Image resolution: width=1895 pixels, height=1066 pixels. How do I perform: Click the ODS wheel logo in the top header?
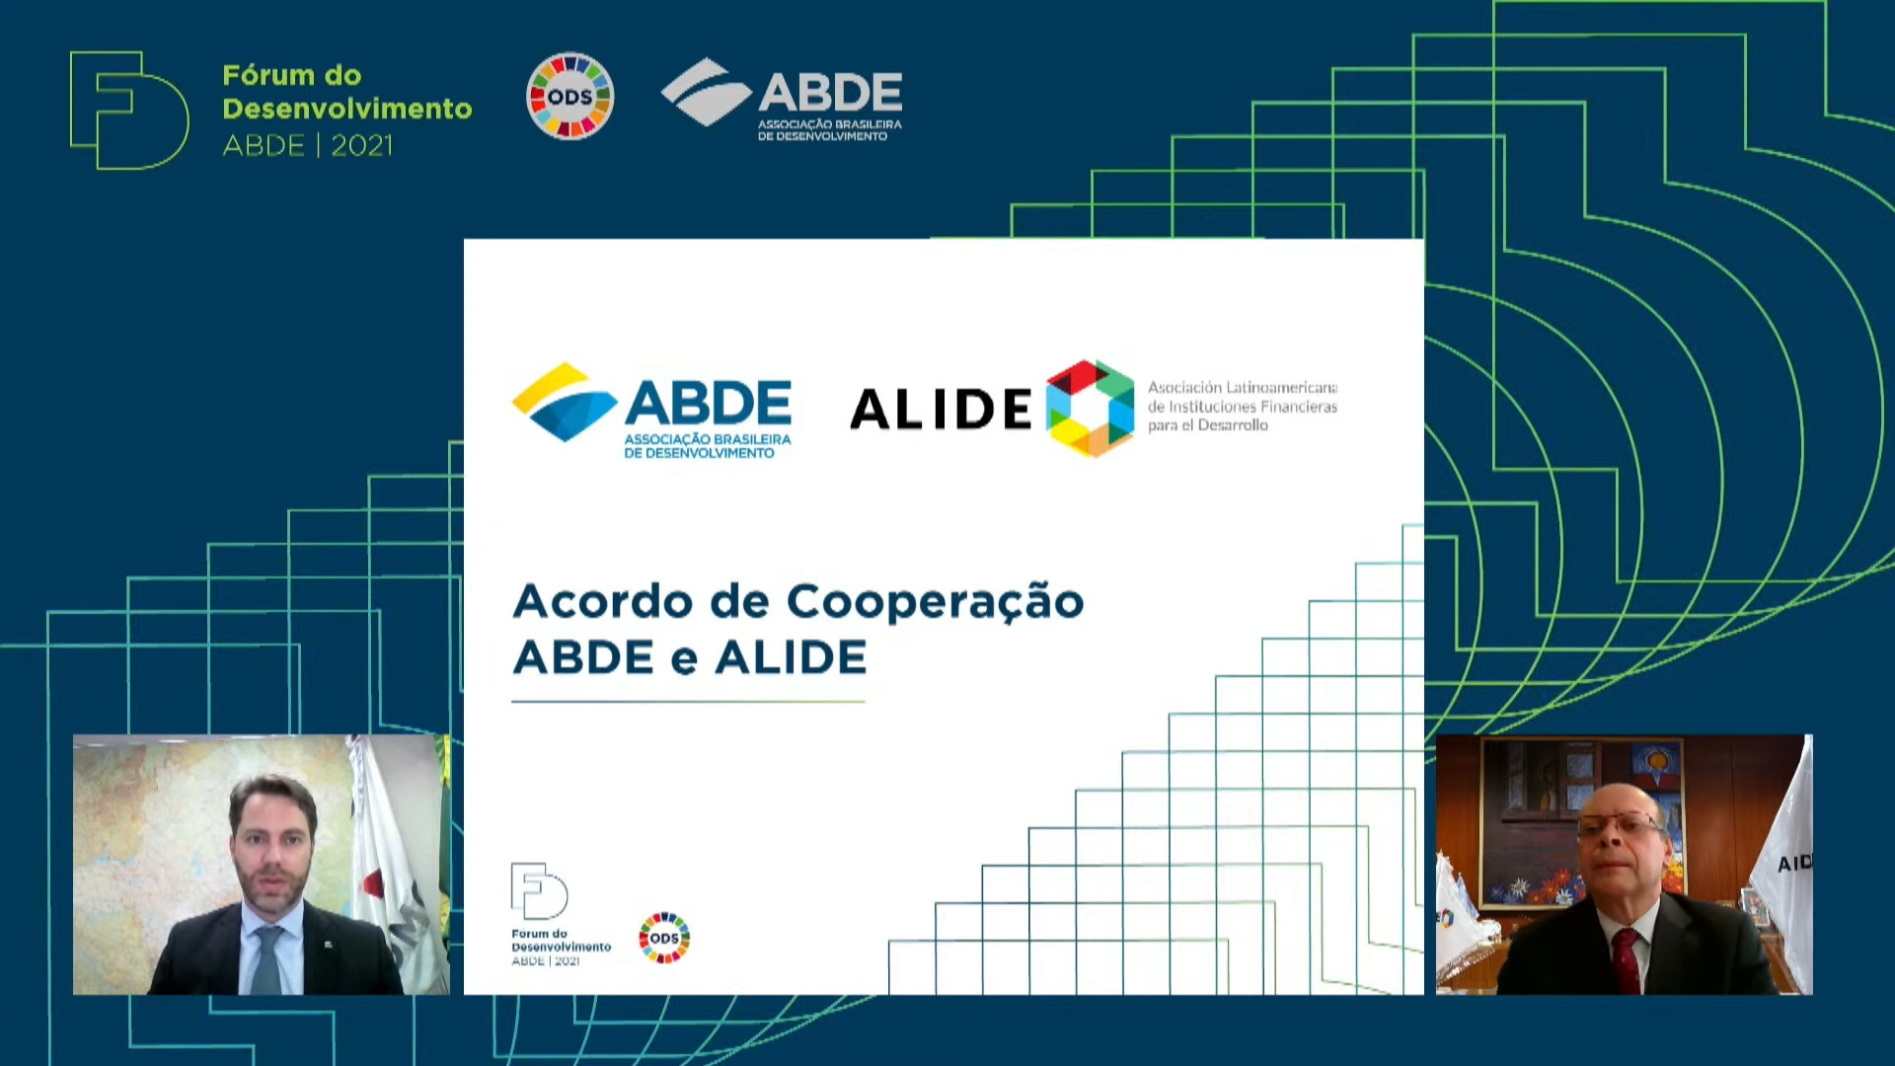coord(569,97)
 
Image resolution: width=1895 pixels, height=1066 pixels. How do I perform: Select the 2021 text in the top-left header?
coord(361,146)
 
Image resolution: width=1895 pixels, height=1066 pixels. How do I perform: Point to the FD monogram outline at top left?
coord(128,110)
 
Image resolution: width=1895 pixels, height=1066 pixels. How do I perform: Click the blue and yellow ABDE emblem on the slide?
coord(564,402)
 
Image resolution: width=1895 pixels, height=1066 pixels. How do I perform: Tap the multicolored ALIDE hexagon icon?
coord(1090,408)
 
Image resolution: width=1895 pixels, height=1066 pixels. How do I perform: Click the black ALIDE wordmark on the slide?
coord(940,409)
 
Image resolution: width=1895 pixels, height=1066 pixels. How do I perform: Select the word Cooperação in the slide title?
coord(935,601)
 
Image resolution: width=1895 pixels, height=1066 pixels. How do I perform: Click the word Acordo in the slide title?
coord(602,601)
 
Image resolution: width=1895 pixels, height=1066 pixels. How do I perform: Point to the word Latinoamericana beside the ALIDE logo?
coord(1281,388)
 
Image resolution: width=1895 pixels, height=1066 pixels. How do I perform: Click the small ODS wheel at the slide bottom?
coord(664,938)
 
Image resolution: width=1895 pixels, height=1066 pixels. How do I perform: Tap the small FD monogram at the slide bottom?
coord(538,890)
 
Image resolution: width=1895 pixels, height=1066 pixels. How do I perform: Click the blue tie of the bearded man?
coord(266,957)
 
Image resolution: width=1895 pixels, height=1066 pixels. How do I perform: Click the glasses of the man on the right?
coord(1619,824)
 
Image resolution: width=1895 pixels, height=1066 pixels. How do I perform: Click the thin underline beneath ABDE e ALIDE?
coord(688,702)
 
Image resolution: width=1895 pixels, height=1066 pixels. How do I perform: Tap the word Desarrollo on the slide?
coord(1232,425)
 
